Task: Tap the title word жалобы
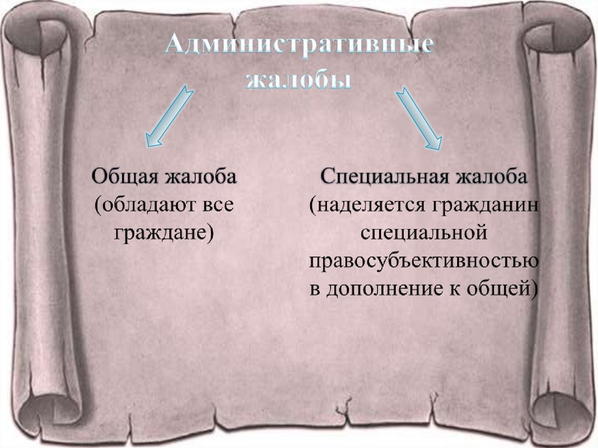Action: (x=298, y=81)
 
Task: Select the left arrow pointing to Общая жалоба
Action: (x=168, y=116)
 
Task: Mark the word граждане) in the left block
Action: (x=164, y=233)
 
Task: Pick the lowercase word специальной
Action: (x=423, y=233)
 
